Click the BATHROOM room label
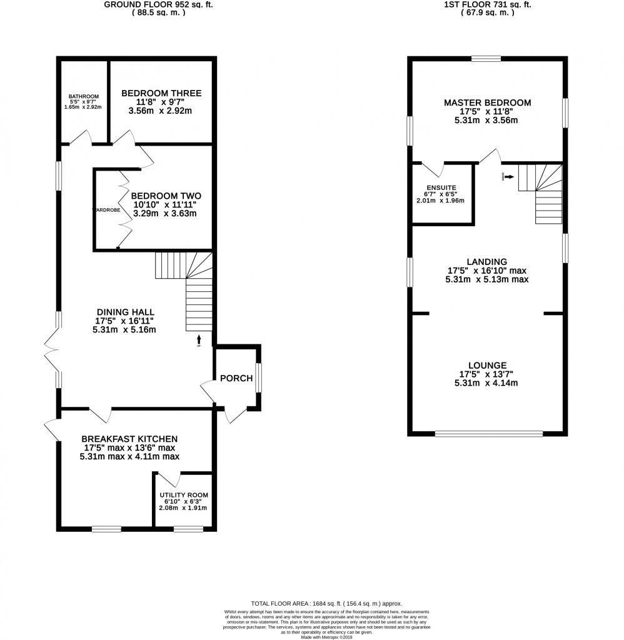click(x=84, y=96)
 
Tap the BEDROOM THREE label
click(x=161, y=94)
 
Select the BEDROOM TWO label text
click(x=166, y=195)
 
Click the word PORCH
click(x=236, y=378)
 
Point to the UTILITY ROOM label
click(x=183, y=495)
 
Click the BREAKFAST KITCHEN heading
click(x=129, y=439)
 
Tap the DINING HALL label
click(x=125, y=312)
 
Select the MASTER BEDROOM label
click(x=487, y=102)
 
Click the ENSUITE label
click(x=441, y=187)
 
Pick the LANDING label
click(x=486, y=262)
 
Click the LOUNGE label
click(x=487, y=366)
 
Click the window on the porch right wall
click(x=259, y=378)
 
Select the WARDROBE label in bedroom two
click(x=106, y=210)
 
